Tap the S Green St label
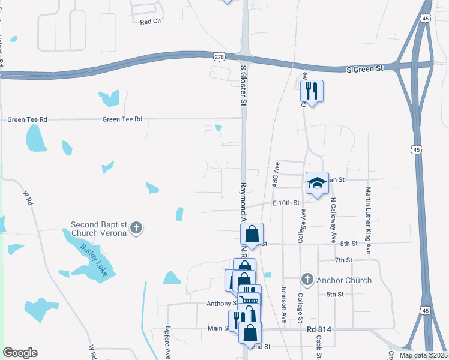(365, 70)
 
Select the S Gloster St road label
(244, 85)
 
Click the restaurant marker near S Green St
(312, 92)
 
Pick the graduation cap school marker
(317, 183)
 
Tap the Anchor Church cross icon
(307, 280)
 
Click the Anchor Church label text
(344, 280)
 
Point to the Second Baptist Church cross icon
(136, 227)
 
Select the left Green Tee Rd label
(27, 120)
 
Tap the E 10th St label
(286, 203)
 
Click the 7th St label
(343, 260)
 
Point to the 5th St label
(334, 295)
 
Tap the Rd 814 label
(319, 330)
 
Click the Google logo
(20, 353)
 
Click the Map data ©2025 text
(423, 355)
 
